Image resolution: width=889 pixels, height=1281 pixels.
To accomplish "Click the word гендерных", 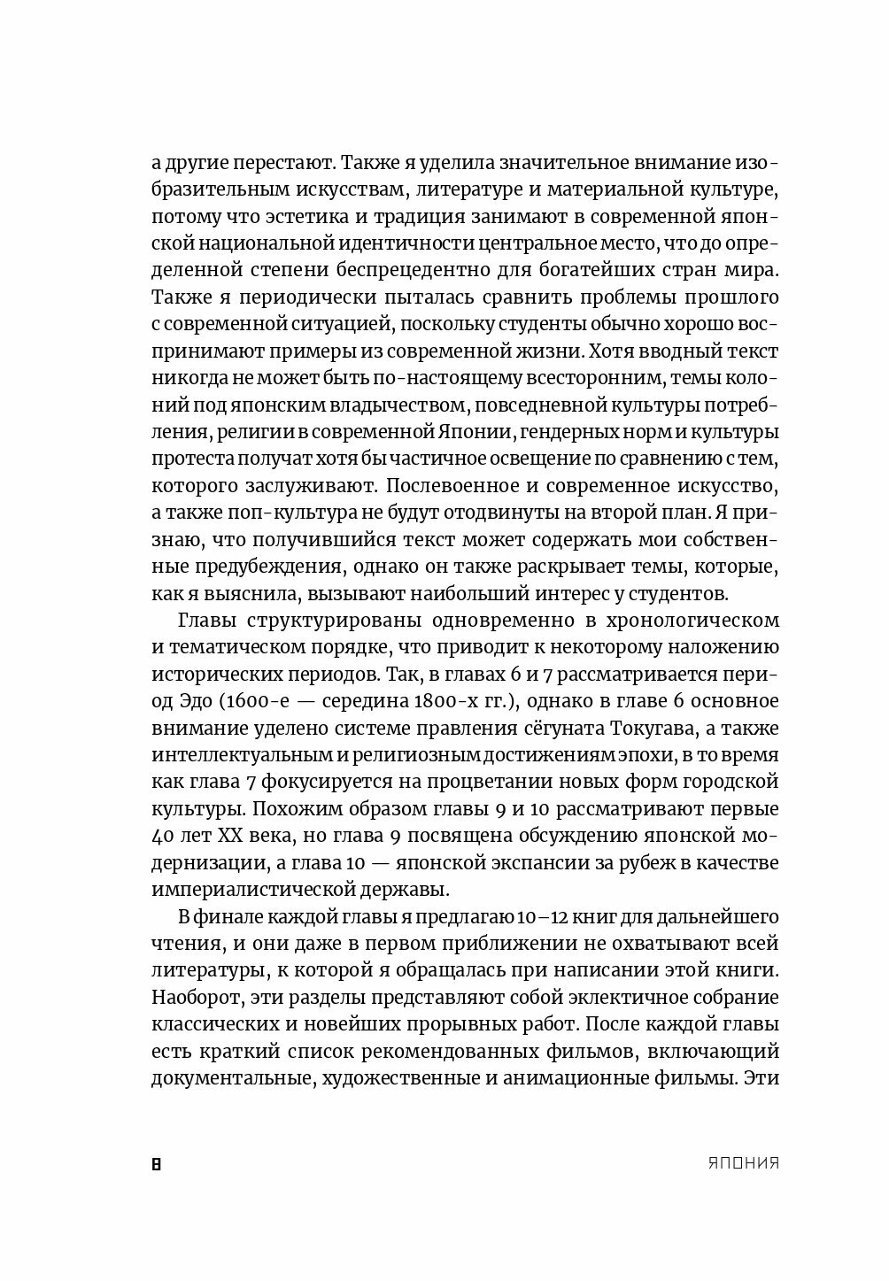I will [562, 432].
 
